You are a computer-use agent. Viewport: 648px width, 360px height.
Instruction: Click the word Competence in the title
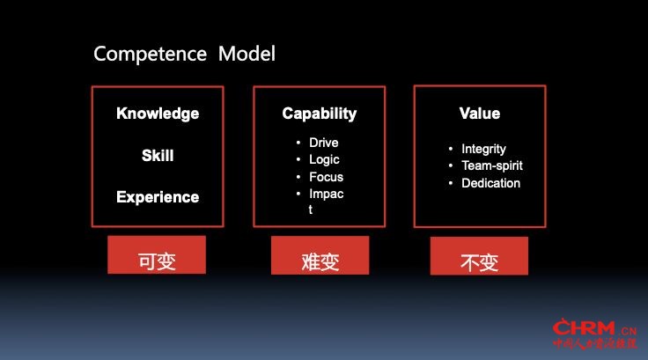pyautogui.click(x=150, y=55)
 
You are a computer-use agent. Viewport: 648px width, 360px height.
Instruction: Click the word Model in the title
pyautogui.click(x=247, y=54)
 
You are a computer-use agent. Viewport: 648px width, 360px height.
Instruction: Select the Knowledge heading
pyautogui.click(x=158, y=114)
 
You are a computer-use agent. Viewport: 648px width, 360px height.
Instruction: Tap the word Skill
pyautogui.click(x=158, y=156)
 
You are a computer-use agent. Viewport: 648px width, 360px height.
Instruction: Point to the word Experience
pyautogui.click(x=158, y=197)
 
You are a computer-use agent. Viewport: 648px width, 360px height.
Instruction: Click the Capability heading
pyautogui.click(x=319, y=114)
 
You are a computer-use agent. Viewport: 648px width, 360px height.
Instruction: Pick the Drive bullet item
pyautogui.click(x=324, y=143)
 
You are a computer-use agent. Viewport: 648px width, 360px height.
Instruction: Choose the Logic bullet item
pyautogui.click(x=324, y=160)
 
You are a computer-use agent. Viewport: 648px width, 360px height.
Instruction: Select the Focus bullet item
pyautogui.click(x=326, y=177)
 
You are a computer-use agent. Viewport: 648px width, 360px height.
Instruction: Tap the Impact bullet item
pyautogui.click(x=326, y=201)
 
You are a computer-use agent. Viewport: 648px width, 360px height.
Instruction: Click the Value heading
pyautogui.click(x=479, y=114)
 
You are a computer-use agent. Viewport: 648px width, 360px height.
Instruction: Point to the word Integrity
pyautogui.click(x=483, y=150)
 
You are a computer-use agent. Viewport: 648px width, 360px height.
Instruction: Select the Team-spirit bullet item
pyautogui.click(x=492, y=165)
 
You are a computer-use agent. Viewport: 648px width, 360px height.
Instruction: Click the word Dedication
pyautogui.click(x=490, y=183)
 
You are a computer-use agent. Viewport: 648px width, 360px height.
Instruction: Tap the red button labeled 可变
pyautogui.click(x=157, y=254)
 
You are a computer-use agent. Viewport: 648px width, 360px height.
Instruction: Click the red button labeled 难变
pyautogui.click(x=320, y=255)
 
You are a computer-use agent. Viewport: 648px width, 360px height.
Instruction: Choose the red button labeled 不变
pyautogui.click(x=479, y=256)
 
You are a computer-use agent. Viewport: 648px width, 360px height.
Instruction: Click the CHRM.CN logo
pyautogui.click(x=594, y=334)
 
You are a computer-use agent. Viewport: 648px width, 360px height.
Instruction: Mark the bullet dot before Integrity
pyautogui.click(x=451, y=149)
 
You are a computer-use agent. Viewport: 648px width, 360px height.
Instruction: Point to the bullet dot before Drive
pyautogui.click(x=298, y=143)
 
